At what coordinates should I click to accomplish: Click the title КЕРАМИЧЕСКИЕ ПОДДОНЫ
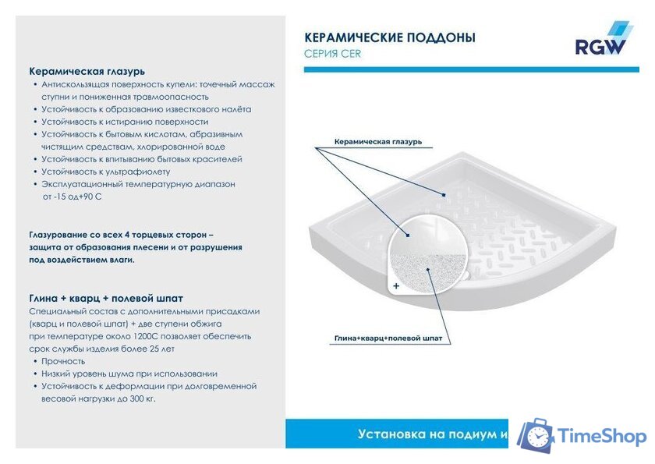click(x=389, y=37)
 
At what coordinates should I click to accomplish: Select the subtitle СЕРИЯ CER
click(x=332, y=54)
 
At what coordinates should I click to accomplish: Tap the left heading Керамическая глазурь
click(x=87, y=71)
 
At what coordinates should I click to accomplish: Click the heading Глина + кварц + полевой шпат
click(x=106, y=298)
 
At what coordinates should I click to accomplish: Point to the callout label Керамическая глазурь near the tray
click(x=377, y=142)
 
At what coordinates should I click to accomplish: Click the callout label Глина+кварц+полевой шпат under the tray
click(x=388, y=338)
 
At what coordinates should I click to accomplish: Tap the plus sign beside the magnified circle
click(x=396, y=286)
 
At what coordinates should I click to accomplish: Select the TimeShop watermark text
click(x=602, y=436)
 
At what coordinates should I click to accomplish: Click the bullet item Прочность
click(x=63, y=361)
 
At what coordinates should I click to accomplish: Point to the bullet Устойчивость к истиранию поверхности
click(x=125, y=122)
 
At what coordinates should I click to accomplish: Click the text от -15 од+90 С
click(x=72, y=197)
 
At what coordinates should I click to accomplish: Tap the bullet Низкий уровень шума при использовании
click(x=129, y=374)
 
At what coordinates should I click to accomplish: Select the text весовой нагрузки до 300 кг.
click(x=98, y=398)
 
